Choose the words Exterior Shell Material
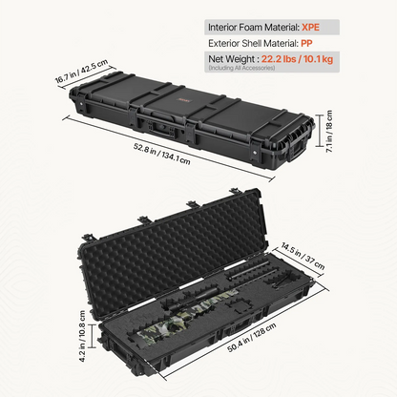253,43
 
